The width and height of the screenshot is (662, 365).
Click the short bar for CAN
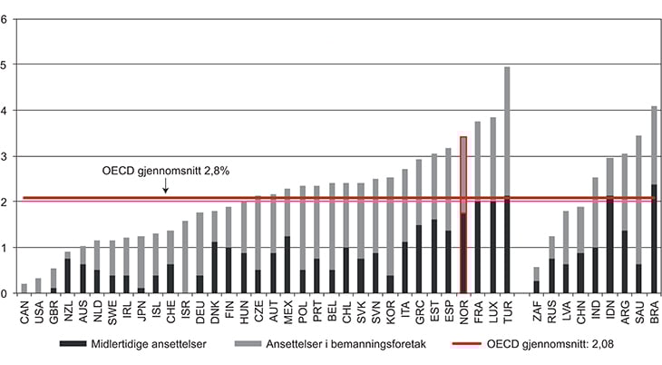click(24, 289)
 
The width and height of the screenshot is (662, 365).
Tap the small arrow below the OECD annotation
click(165, 187)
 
